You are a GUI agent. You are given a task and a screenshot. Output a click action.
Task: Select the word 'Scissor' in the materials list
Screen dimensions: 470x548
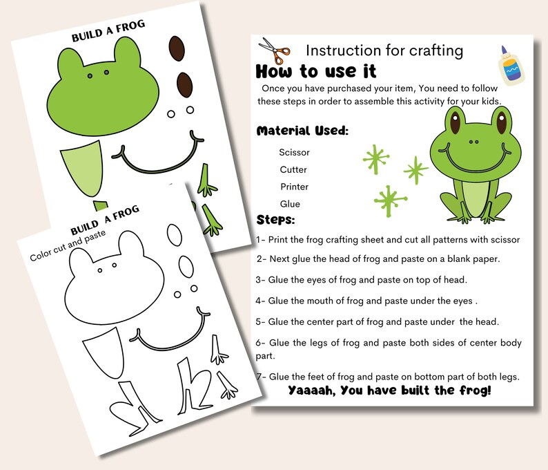294,152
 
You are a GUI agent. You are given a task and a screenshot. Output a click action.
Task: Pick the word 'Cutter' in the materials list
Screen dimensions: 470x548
293,169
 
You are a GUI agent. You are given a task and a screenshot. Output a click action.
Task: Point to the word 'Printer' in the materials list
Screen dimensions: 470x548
294,187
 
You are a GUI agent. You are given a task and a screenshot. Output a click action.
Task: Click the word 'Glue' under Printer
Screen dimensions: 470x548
290,204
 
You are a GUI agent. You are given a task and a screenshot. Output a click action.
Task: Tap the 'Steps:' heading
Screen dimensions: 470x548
275,220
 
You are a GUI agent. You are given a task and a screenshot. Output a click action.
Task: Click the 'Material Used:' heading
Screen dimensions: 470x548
302,131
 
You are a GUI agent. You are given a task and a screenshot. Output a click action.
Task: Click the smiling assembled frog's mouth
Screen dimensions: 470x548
471,156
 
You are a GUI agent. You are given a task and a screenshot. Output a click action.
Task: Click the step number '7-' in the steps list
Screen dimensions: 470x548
261,376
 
